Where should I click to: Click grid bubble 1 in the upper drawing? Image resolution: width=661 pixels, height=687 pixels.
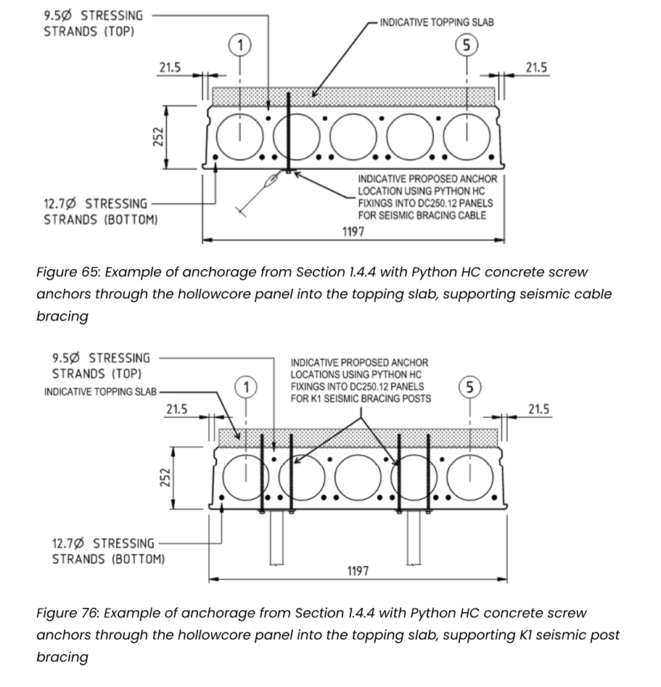pos(239,45)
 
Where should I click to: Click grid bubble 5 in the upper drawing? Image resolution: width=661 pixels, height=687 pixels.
pos(467,45)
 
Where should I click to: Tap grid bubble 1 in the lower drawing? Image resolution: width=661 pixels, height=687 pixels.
pos(246,387)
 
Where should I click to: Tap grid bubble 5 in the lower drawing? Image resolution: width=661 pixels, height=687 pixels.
pos(469,387)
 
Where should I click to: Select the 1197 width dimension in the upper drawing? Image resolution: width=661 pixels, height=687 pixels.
pos(353,231)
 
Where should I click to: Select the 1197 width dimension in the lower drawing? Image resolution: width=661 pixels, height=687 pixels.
pos(358,571)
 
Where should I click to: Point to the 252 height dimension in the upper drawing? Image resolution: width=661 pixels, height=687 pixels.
pos(159,136)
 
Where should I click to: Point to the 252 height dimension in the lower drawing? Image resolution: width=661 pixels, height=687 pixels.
pos(165,477)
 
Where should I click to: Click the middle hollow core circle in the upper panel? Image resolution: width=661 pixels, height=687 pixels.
pos(353,136)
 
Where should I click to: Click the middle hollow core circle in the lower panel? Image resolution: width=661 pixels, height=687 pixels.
pos(358,477)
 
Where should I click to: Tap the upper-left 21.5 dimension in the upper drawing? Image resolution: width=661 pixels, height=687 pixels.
pos(170,67)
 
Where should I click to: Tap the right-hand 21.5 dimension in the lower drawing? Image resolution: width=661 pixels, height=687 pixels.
pos(538,409)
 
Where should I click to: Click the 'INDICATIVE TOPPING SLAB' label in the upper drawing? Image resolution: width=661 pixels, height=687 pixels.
pos(437,22)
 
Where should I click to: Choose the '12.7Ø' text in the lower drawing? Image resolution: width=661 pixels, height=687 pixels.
pos(67,544)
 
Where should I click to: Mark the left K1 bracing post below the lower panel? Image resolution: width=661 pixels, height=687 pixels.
pos(276,538)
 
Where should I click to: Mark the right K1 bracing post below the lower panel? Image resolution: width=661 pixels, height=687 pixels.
pos(414,538)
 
